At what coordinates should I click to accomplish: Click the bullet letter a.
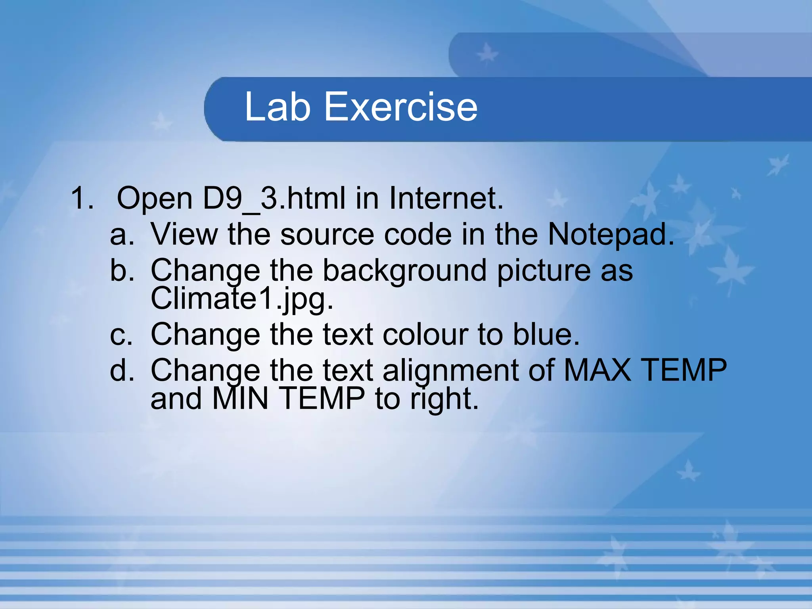point(122,235)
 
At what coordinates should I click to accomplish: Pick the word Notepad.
point(611,235)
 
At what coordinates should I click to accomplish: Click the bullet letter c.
point(121,335)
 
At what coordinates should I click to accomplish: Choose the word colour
point(425,335)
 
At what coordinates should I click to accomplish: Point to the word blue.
point(546,335)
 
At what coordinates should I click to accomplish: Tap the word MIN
point(240,398)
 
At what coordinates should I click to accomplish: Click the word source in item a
point(327,235)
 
